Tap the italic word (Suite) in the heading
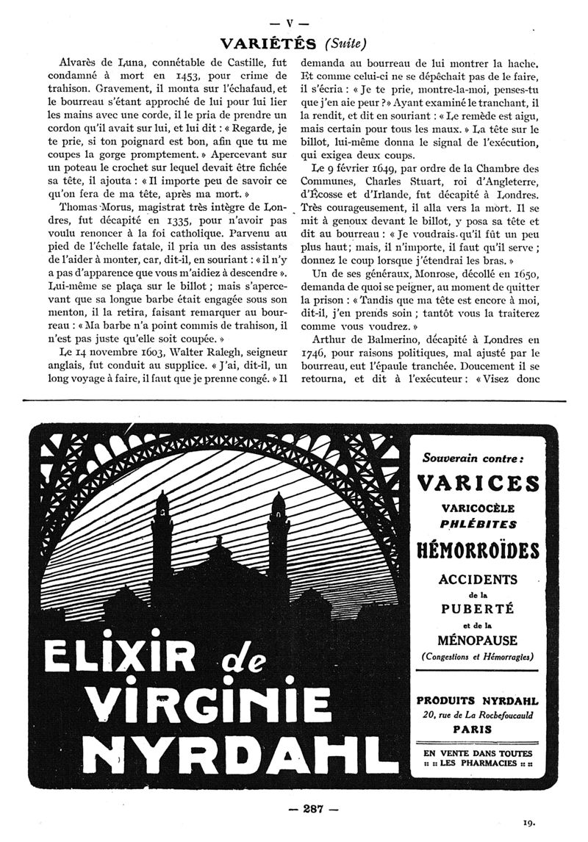click(x=337, y=42)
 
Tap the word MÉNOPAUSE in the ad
click(x=478, y=640)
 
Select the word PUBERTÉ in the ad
click(x=477, y=608)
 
